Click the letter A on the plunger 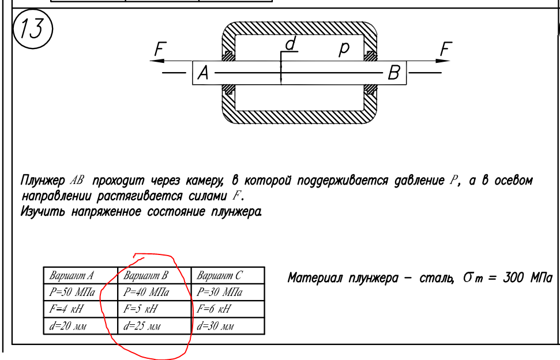pos(203,73)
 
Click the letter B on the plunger pos(394,73)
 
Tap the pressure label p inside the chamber pos(344,50)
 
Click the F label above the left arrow pos(159,50)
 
